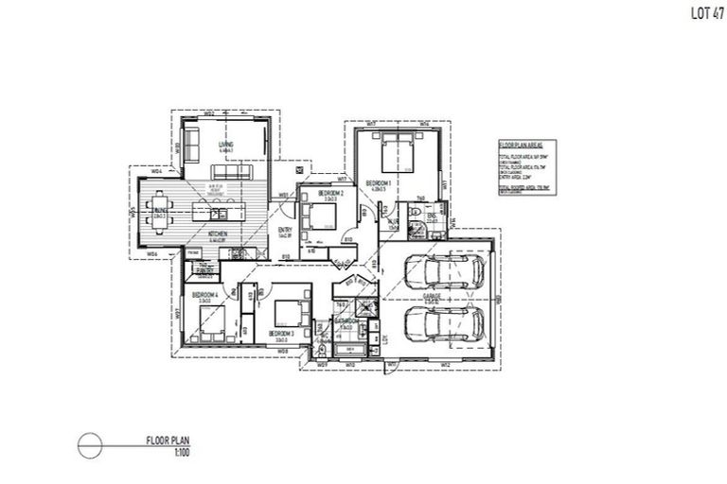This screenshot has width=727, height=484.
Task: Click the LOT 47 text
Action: click(x=698, y=15)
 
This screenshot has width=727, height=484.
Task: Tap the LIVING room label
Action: click(x=227, y=145)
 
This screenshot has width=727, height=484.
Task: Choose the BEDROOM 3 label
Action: click(x=281, y=333)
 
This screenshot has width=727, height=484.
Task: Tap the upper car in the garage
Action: click(x=440, y=271)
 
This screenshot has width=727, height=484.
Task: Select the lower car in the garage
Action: click(x=440, y=323)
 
